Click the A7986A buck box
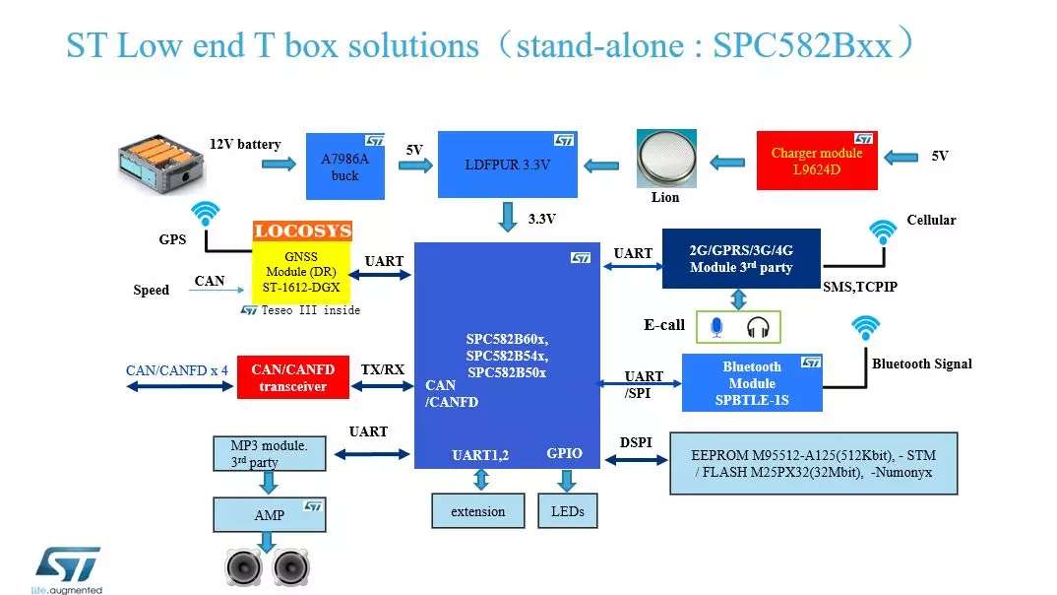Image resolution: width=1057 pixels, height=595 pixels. click(x=344, y=166)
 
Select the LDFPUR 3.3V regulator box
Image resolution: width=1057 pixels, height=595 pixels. click(x=507, y=165)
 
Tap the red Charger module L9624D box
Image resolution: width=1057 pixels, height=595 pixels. click(x=816, y=161)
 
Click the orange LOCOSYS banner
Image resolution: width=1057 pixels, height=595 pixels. click(x=302, y=231)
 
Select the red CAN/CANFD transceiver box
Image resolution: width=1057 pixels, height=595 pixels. click(x=292, y=377)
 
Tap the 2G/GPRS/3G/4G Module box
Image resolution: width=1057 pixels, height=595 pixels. click(x=741, y=259)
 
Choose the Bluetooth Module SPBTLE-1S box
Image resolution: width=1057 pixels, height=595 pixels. click(x=752, y=383)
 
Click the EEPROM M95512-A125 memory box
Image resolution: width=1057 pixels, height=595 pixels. click(x=813, y=463)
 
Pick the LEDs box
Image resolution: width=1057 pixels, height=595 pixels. click(x=567, y=511)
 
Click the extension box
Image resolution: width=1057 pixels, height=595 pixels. click(x=477, y=511)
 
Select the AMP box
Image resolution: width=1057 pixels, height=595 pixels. click(x=269, y=514)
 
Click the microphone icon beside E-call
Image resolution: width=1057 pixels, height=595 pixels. click(x=715, y=327)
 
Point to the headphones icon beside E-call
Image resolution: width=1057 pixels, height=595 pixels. click(x=756, y=327)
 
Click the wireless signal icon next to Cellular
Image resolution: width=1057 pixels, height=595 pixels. click(x=883, y=231)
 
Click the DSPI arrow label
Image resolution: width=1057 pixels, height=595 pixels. click(x=636, y=442)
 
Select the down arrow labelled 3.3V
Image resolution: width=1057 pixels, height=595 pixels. click(x=508, y=217)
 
